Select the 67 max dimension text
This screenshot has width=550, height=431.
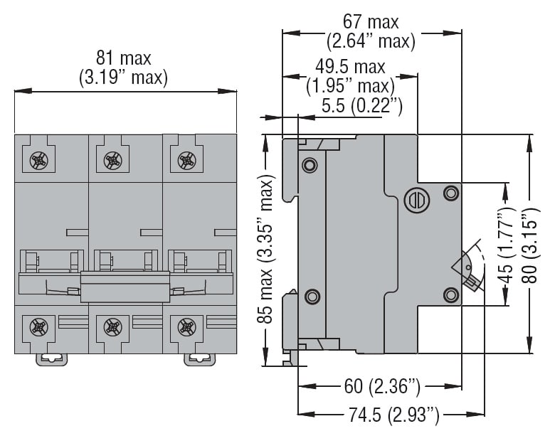coord(371,23)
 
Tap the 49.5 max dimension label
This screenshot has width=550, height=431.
coord(350,68)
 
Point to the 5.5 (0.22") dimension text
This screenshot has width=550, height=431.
coord(362,107)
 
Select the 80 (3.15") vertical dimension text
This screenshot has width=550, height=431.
coord(529,245)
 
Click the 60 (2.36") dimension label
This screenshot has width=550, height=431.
coord(382,387)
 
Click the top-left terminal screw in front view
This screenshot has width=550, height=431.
coord(38,160)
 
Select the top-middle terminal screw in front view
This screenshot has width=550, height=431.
coord(112,160)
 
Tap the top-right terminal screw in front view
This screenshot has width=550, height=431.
coord(186,160)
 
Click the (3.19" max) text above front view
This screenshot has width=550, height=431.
coord(124,77)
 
